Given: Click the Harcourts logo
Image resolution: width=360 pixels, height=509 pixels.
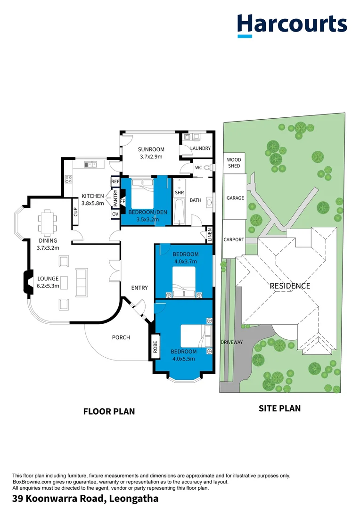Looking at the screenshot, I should pos(292,25).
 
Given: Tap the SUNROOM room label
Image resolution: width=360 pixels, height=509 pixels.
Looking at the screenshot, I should pos(151,149).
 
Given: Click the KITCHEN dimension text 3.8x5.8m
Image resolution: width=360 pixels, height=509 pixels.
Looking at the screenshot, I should pos(92,204).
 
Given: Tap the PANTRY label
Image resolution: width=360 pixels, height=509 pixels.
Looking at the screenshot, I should pos(115,198).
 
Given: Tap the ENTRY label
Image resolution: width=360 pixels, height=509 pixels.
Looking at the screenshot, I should pos(139,288).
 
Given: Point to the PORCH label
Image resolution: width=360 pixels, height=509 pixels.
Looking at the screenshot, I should pos(121,337).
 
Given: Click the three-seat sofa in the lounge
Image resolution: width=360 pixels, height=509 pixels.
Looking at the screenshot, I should pos(82,282).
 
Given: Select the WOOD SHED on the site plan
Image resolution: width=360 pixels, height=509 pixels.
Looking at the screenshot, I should pos(234,163).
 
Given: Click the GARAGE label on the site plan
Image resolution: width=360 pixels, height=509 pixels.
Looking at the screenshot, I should pos(235,198).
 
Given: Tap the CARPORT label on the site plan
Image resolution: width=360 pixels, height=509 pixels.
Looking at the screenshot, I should pos(234,239).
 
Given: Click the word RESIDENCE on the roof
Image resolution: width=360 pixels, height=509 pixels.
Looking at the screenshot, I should pos(290,286).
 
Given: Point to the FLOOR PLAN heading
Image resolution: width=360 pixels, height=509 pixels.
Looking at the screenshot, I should pos(109,411).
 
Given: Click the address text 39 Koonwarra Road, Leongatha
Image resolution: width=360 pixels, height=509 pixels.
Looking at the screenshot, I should pos(85,499).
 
